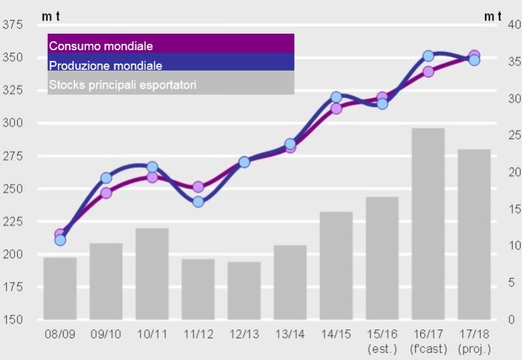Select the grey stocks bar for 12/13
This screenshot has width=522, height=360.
pyautogui.click(x=244, y=291)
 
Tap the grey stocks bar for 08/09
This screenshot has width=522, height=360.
pyautogui.click(x=60, y=288)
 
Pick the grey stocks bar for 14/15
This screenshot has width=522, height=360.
pyautogui.click(x=336, y=265)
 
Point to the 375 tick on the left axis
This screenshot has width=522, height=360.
pyautogui.click(x=13, y=25)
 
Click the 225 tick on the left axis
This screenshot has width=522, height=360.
pyautogui.click(x=13, y=221)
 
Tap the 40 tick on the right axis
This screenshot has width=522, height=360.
pyautogui.click(x=497, y=25)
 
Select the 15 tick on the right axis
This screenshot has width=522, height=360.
pyautogui.click(x=497, y=209)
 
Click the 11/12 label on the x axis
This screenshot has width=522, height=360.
pyautogui.click(x=198, y=333)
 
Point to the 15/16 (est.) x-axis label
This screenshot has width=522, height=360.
pyautogui.click(x=382, y=341)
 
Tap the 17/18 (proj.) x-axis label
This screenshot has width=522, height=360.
pyautogui.click(x=474, y=341)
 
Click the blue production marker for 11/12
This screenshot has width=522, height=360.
pyautogui.click(x=198, y=202)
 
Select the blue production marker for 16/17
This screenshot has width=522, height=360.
pyautogui.click(x=428, y=56)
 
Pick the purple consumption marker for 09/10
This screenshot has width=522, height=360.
pyautogui.click(x=106, y=193)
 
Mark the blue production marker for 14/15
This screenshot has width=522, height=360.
pyautogui.click(x=336, y=97)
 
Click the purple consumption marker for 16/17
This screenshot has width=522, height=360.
pyautogui.click(x=428, y=71)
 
